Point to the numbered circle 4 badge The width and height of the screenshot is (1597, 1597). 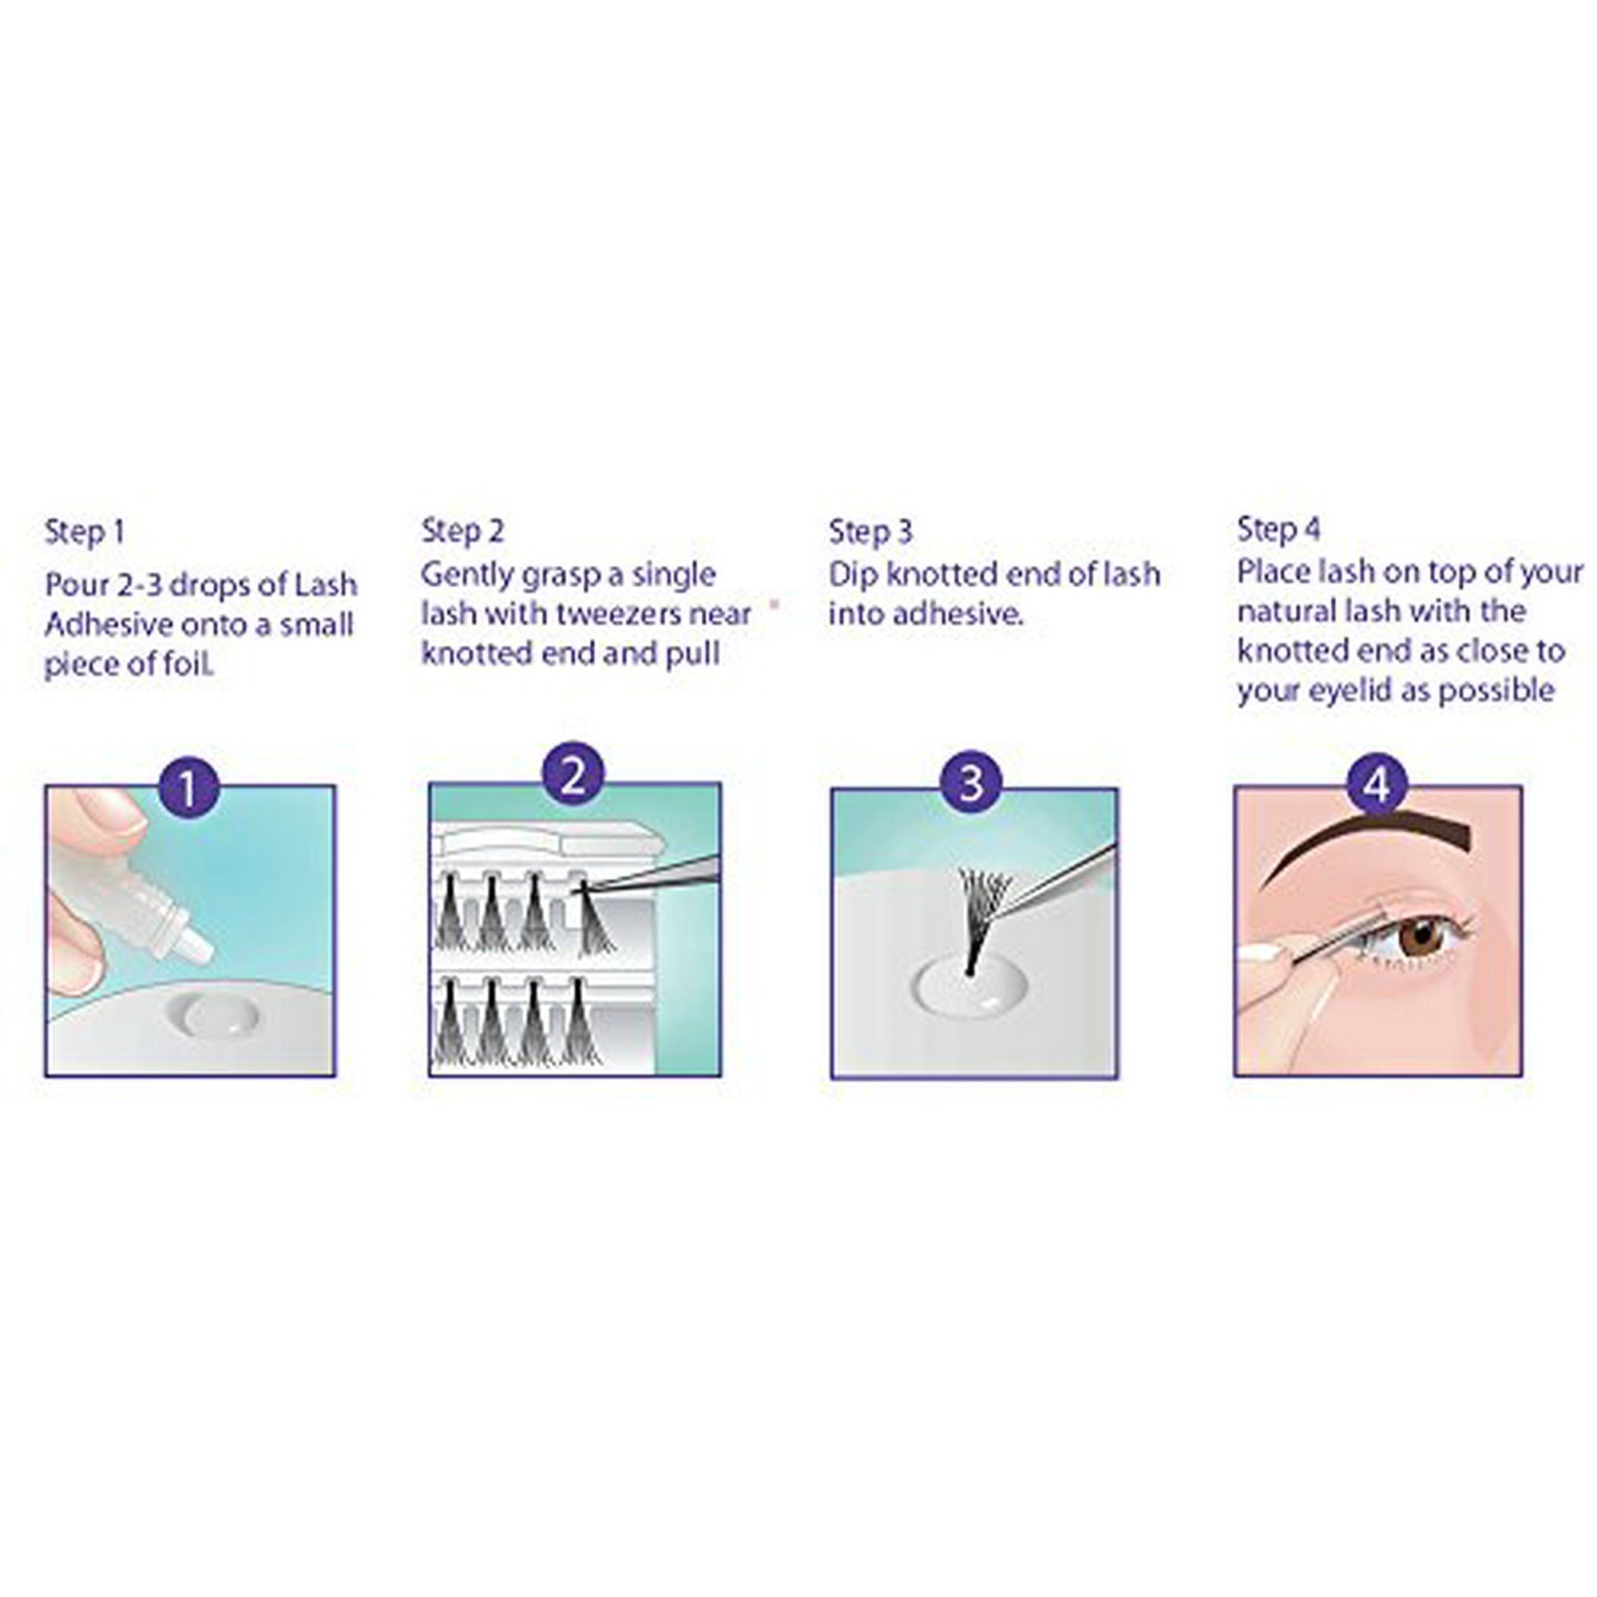1377,783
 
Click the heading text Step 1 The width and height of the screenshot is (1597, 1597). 85,533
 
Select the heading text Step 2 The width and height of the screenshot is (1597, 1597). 463,531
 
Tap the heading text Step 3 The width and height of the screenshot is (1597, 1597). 870,532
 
